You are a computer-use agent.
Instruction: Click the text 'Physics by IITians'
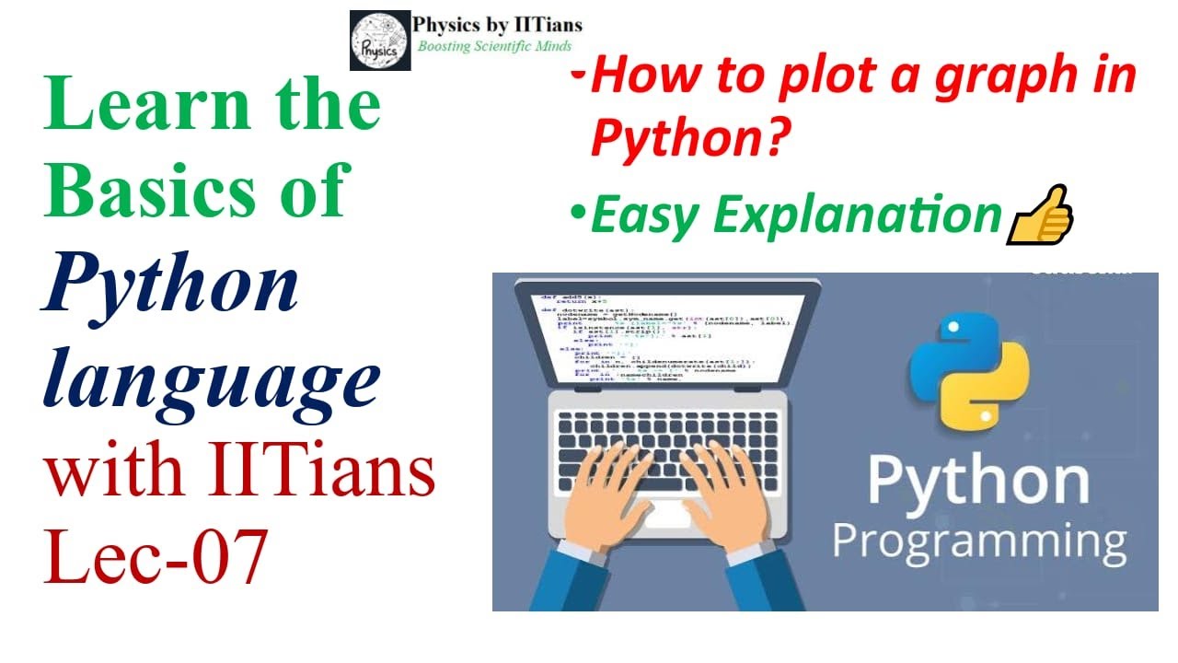click(498, 25)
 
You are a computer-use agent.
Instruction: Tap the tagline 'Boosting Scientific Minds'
click(494, 46)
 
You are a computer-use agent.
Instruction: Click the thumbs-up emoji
click(1041, 215)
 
